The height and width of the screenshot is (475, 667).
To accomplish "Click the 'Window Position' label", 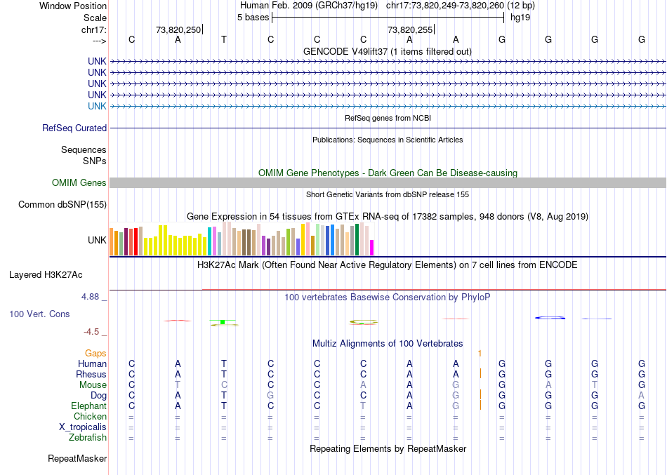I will [x=73, y=6].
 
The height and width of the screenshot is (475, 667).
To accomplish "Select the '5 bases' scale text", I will [x=253, y=17].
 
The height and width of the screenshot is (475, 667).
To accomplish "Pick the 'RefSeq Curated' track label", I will [x=74, y=128].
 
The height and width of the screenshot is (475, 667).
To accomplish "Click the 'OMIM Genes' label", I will [x=79, y=183].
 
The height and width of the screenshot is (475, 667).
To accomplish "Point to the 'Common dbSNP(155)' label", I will [x=62, y=205].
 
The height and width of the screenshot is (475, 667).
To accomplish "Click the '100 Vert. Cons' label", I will [x=39, y=314].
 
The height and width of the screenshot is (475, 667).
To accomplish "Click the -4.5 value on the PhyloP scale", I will [x=92, y=332].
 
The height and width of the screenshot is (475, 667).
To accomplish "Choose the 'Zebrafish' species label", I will [x=88, y=438].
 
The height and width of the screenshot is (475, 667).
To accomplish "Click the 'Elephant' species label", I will [x=88, y=406].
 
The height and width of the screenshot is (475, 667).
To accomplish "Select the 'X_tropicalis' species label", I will [x=83, y=427].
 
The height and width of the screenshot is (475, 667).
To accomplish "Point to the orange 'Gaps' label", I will [x=96, y=354].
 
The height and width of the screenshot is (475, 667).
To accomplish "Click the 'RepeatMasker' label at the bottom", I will [x=77, y=459].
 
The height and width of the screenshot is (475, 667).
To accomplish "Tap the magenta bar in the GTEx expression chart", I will [x=372, y=248].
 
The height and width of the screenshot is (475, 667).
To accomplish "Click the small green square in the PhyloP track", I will [x=222, y=321].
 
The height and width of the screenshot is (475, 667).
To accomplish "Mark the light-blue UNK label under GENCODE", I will [x=97, y=106].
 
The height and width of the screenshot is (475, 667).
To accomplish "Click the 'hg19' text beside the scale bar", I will [x=520, y=17].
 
